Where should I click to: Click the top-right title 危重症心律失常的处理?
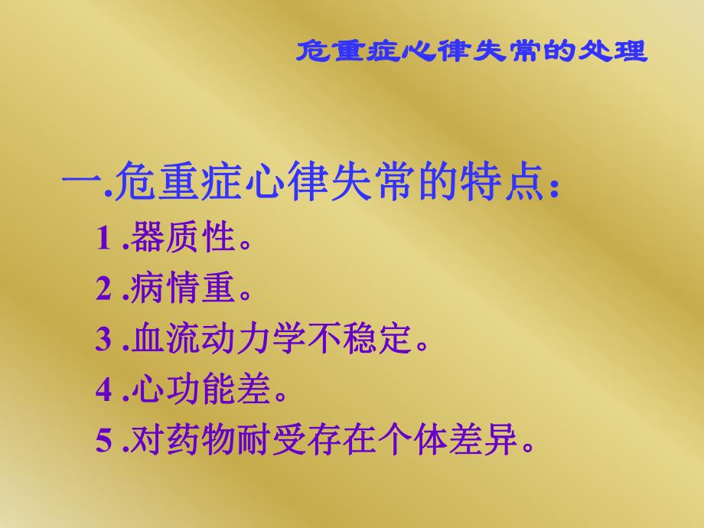coord(471,51)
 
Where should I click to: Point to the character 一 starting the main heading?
coord(79,184)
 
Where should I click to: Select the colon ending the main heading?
coord(554,188)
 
